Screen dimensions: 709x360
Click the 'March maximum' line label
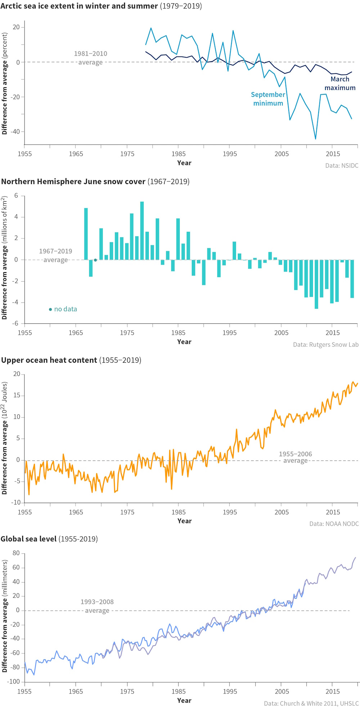pyautogui.click(x=340, y=84)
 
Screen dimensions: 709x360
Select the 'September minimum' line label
pyautogui.click(x=268, y=99)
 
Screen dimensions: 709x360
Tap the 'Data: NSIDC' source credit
pyautogui.click(x=342, y=166)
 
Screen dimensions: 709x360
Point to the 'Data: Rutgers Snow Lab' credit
pyautogui.click(x=325, y=345)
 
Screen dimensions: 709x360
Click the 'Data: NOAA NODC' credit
pyautogui.click(x=334, y=524)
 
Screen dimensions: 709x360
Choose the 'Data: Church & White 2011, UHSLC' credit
pyautogui.click(x=311, y=703)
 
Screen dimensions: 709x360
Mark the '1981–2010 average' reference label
pyautogui.click(x=90, y=58)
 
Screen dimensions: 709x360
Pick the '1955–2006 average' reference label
pyautogui.click(x=295, y=457)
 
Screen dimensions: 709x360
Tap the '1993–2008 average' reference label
pyautogui.click(x=97, y=606)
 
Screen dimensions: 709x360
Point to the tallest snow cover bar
pyautogui.click(x=142, y=230)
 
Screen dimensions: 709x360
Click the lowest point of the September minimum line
pyautogui.click(x=316, y=139)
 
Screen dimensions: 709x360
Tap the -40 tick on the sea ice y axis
pyautogui.click(x=15, y=132)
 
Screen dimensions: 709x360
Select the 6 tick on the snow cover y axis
pyautogui.click(x=16, y=196)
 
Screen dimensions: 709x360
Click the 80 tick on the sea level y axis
pyautogui.click(x=16, y=553)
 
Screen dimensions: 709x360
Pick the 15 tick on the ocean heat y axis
pyautogui.click(x=17, y=396)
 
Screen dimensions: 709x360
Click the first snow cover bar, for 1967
pyautogui.click(x=86, y=234)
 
